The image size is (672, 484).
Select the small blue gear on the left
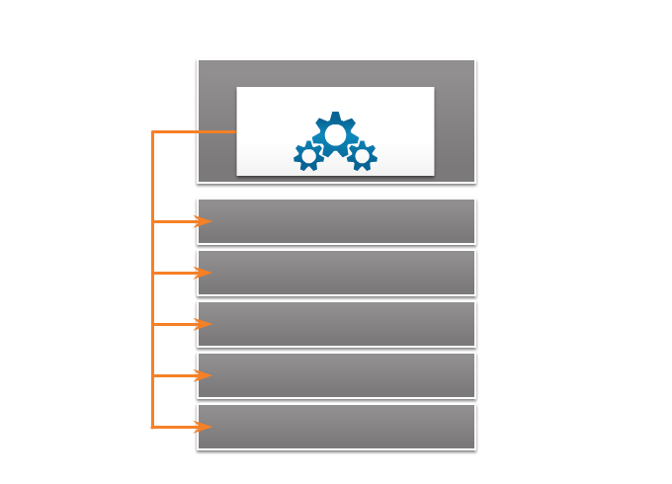point(308,156)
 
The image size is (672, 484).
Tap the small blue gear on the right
point(362,156)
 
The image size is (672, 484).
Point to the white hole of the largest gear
point(335,134)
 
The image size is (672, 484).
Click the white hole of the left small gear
point(308,156)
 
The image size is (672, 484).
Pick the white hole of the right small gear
point(362,156)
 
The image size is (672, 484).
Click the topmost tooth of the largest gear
point(335,116)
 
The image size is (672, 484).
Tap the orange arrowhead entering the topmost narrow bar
point(203,221)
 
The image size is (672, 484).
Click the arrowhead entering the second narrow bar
point(203,273)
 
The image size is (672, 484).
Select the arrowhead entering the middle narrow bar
point(203,324)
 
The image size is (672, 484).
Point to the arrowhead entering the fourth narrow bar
point(203,375)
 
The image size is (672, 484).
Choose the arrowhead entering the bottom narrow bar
point(203,427)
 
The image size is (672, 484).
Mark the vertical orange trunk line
point(152,296)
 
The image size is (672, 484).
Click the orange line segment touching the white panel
point(217,131)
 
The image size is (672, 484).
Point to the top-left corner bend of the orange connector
point(153,131)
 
